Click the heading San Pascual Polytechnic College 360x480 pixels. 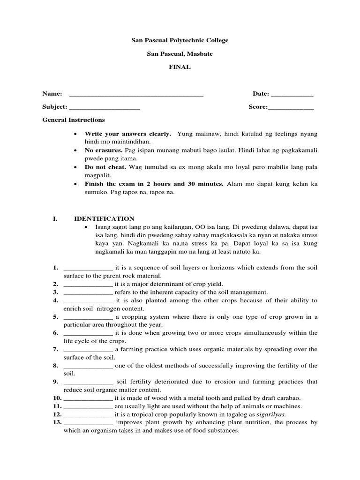[x=180, y=41]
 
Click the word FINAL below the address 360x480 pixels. [x=180, y=67]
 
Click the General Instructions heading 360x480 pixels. [x=74, y=120]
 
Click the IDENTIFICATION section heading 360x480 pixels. [x=104, y=219]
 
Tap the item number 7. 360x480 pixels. [x=55, y=350]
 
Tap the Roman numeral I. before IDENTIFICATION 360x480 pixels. [x=55, y=219]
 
